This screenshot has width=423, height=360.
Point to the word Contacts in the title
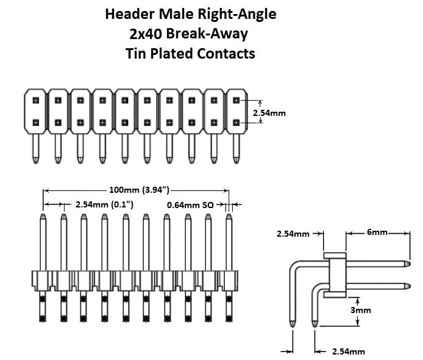click(x=226, y=53)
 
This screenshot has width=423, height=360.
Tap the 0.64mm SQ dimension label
click(x=190, y=204)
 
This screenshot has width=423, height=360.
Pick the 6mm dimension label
click(x=377, y=232)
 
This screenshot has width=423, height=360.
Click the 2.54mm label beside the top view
click(x=269, y=112)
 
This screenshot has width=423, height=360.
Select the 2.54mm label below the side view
click(x=348, y=351)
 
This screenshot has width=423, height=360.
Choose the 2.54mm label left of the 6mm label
click(x=293, y=233)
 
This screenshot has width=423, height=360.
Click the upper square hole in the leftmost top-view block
click(x=35, y=101)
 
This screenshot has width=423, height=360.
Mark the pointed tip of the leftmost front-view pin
click(x=43, y=216)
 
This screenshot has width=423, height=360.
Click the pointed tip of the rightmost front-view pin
click(x=229, y=216)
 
